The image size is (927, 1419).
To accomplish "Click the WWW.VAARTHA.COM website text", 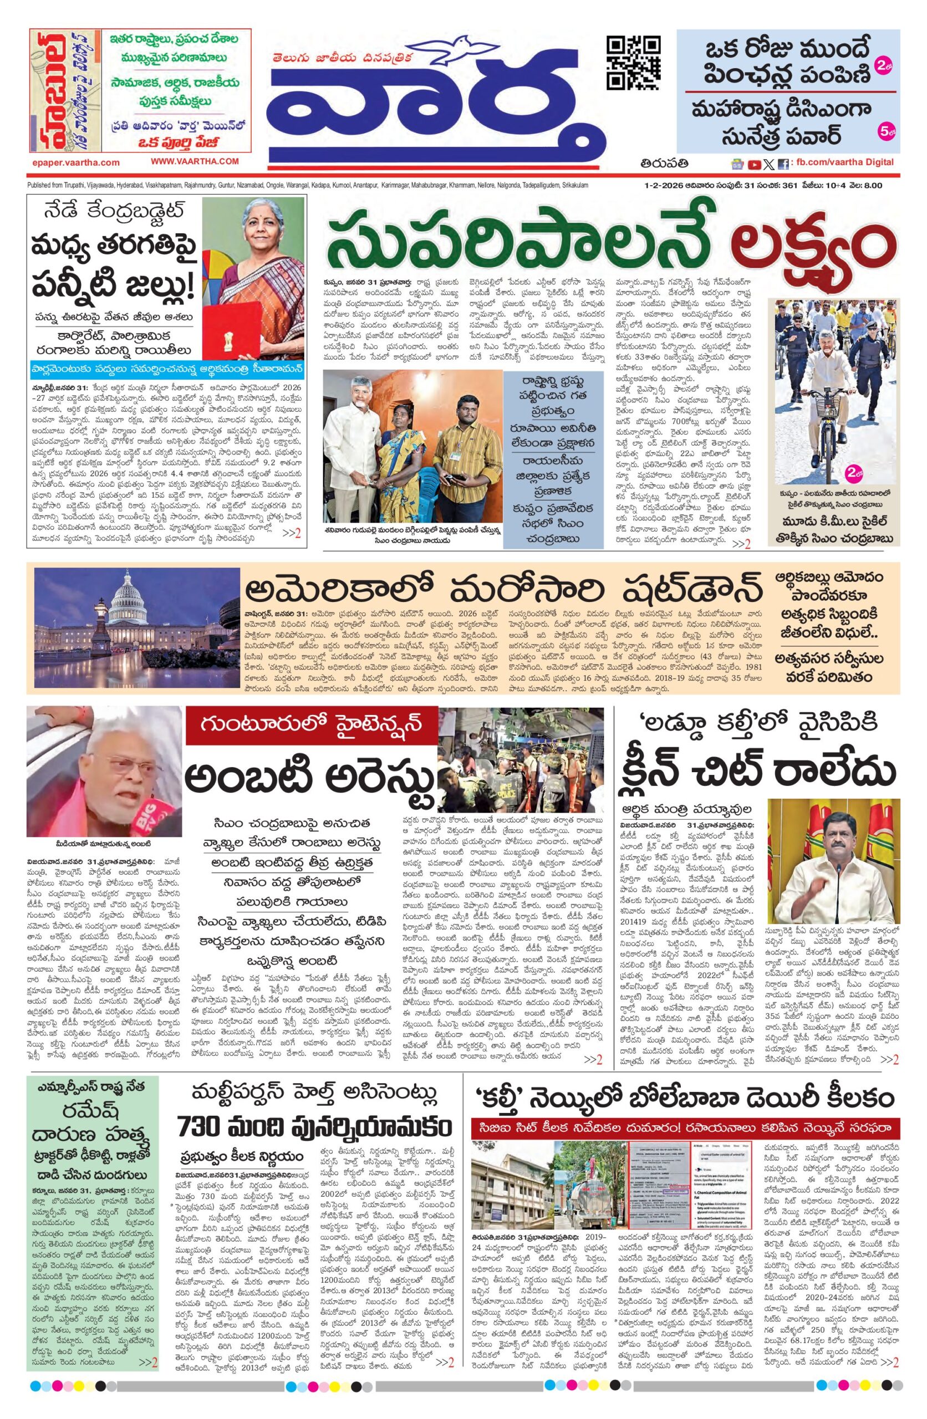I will tap(195, 161).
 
